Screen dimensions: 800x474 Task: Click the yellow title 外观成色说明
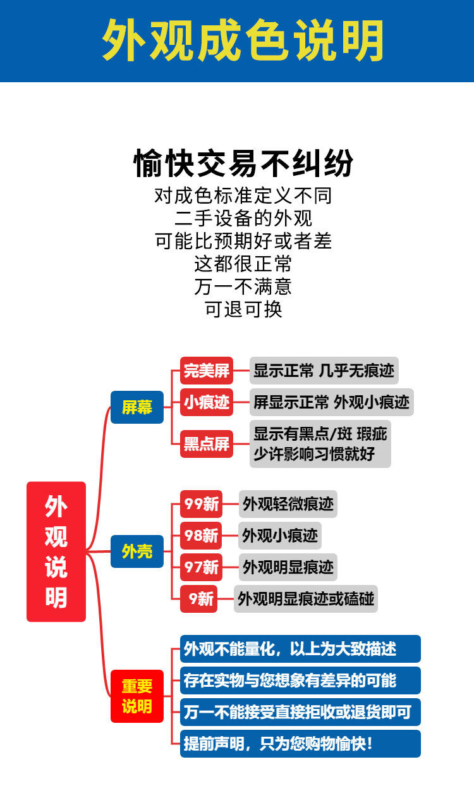point(243,40)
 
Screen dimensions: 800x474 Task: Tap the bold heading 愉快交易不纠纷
point(243,164)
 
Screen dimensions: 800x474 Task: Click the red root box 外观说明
point(56,551)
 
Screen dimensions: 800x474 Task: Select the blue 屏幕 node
point(137,407)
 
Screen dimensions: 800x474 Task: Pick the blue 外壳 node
point(137,551)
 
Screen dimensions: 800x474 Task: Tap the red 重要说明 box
point(137,696)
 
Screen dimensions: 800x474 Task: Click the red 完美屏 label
point(207,371)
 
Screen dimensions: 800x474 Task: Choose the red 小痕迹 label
point(207,402)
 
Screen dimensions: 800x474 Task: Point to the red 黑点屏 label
point(207,443)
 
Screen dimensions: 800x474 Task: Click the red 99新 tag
point(202,504)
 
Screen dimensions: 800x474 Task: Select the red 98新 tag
point(202,536)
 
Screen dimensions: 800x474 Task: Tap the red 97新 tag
point(202,567)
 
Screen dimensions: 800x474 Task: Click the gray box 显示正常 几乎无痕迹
point(324,371)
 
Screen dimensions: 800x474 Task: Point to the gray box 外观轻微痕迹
point(288,504)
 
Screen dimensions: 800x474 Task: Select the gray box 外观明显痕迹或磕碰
point(306,598)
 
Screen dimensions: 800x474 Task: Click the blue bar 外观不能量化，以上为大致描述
point(300,649)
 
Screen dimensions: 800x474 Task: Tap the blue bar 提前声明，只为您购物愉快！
point(300,744)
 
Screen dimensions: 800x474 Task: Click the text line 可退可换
point(243,309)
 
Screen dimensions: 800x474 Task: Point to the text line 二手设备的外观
point(243,218)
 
